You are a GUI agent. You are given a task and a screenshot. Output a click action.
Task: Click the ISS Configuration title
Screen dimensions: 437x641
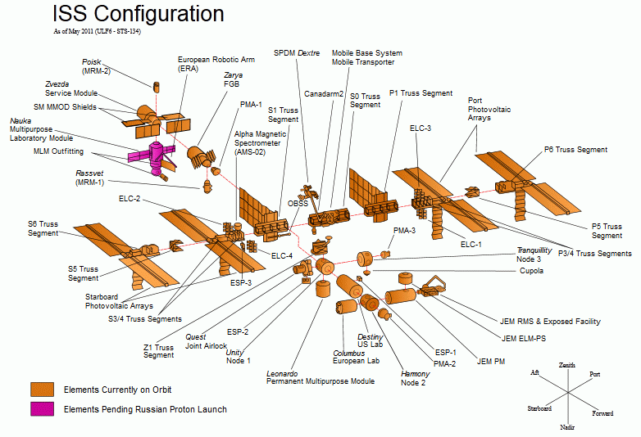coord(138,14)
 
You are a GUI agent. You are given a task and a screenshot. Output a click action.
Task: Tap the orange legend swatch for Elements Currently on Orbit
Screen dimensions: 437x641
coord(43,389)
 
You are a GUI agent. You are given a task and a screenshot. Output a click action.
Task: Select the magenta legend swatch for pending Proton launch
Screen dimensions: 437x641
coord(43,408)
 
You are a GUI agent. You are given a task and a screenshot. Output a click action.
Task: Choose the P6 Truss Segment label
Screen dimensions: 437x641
coord(575,150)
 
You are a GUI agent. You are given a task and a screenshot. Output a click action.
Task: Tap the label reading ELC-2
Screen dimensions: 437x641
coord(130,199)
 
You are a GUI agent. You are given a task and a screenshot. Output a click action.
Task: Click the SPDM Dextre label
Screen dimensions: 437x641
coord(297,53)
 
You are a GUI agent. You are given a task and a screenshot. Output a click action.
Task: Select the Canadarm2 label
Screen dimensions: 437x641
coord(324,93)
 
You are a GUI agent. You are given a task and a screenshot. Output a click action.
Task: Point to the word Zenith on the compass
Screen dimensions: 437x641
coord(567,365)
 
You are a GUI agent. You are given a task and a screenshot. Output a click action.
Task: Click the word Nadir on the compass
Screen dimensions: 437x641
coord(566,426)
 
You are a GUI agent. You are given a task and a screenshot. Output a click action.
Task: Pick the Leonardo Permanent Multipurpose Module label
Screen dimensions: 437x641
coord(320,377)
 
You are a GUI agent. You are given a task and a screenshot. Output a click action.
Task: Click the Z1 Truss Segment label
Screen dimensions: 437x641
coord(158,351)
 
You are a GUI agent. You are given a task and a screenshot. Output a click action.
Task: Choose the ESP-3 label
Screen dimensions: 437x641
coord(240,282)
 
